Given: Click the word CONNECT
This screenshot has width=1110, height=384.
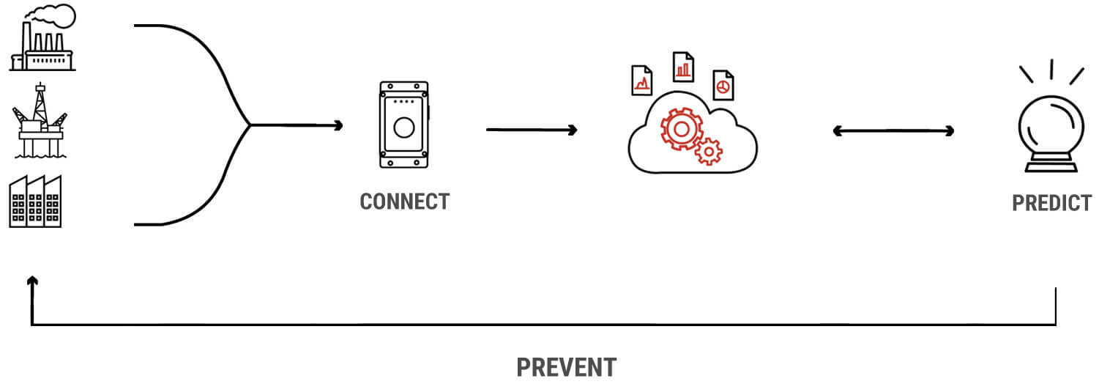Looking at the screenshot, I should coord(404,202).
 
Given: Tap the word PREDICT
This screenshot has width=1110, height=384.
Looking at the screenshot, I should coord(1051,203).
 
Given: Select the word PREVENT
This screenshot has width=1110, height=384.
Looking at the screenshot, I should coord(566,367).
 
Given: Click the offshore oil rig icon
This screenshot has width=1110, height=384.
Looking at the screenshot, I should coord(40,121).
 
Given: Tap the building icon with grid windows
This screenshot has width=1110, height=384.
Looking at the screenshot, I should coord(35,202).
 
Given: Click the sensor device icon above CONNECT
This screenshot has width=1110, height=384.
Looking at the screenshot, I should coord(403,125).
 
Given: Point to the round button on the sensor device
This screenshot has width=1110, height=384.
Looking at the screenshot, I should coord(403,128).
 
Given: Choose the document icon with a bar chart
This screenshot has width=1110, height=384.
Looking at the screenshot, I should coord(683,67).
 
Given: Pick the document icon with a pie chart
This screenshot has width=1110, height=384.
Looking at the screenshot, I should coord(723,85).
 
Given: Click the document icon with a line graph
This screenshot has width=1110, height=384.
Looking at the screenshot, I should coord(641,81).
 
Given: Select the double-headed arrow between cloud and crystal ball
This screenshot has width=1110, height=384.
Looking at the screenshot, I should coord(893,131).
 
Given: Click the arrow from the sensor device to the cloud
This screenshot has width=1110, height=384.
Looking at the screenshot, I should coord(532,130).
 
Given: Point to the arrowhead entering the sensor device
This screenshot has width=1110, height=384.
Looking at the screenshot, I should coord(338,125).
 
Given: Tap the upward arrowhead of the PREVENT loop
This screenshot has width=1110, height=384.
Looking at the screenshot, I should coord(31,281).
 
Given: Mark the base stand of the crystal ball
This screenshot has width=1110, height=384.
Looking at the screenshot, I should coord(1051,167).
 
